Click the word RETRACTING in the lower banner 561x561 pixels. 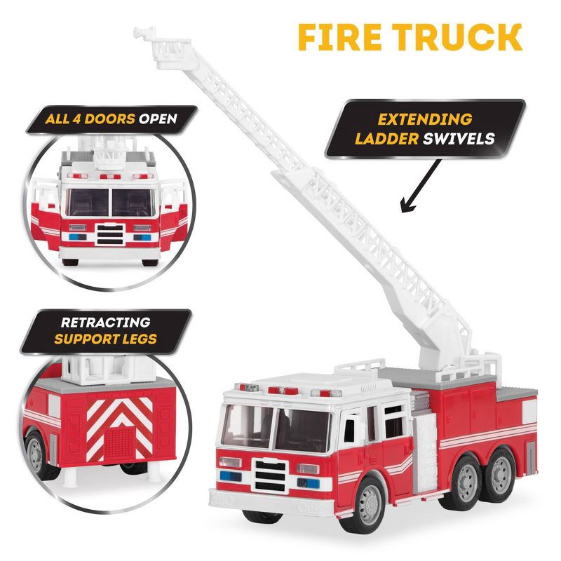[105, 323]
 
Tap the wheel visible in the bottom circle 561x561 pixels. [35, 453]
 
